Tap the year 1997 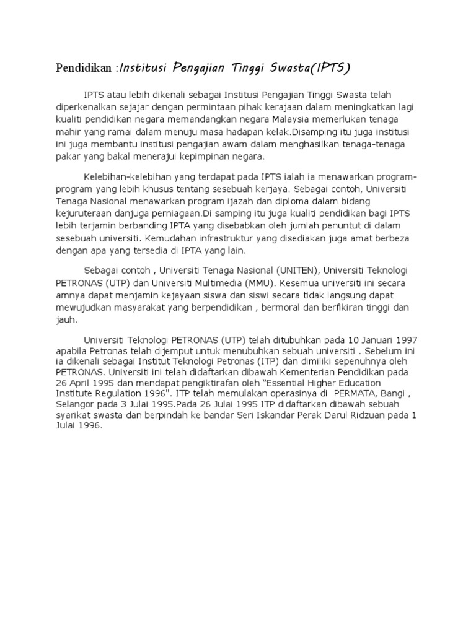pos(404,340)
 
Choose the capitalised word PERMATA pos(356,393)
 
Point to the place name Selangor pos(76,404)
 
